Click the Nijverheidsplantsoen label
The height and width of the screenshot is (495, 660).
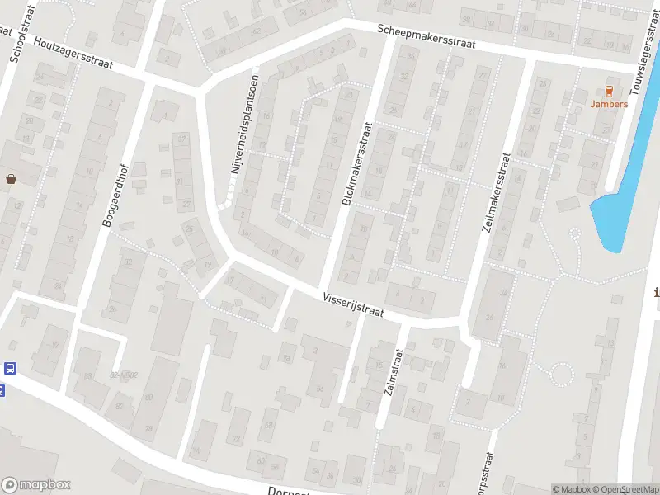(x=244, y=133)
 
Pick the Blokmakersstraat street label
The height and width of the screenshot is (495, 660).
(x=356, y=164)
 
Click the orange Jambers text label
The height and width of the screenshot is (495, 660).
(x=609, y=104)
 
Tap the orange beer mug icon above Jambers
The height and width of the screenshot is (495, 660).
(x=609, y=90)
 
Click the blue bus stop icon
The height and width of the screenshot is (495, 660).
(x=10, y=368)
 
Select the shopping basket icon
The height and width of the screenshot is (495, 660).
(x=11, y=178)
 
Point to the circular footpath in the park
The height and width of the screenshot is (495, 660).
(x=560, y=375)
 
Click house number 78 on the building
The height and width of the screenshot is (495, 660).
(x=149, y=428)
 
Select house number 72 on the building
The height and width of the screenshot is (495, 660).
(x=237, y=438)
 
